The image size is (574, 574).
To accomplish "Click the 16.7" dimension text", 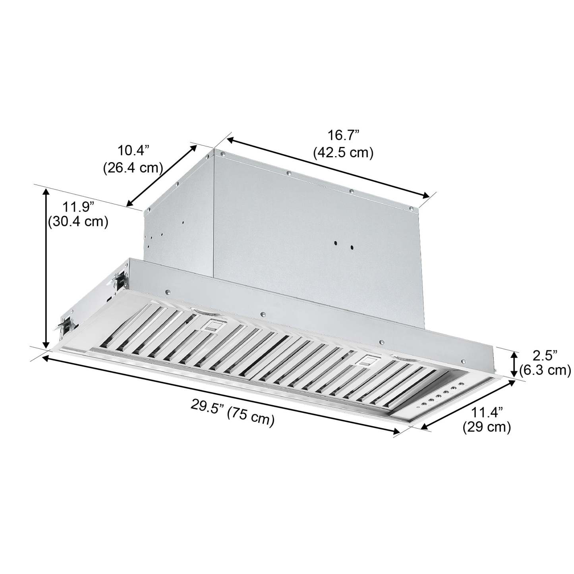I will (x=343, y=135).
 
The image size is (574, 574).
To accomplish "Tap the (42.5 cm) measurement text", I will (x=343, y=153).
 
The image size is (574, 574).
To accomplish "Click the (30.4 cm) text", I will (x=78, y=222).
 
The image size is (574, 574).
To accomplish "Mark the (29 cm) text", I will (x=487, y=427).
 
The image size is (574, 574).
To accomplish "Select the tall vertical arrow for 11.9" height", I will (x=46, y=268).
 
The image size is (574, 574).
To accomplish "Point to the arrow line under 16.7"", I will (x=328, y=167).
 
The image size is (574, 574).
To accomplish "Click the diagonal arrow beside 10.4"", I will (x=162, y=176).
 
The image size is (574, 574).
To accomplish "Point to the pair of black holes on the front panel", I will (x=344, y=245).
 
